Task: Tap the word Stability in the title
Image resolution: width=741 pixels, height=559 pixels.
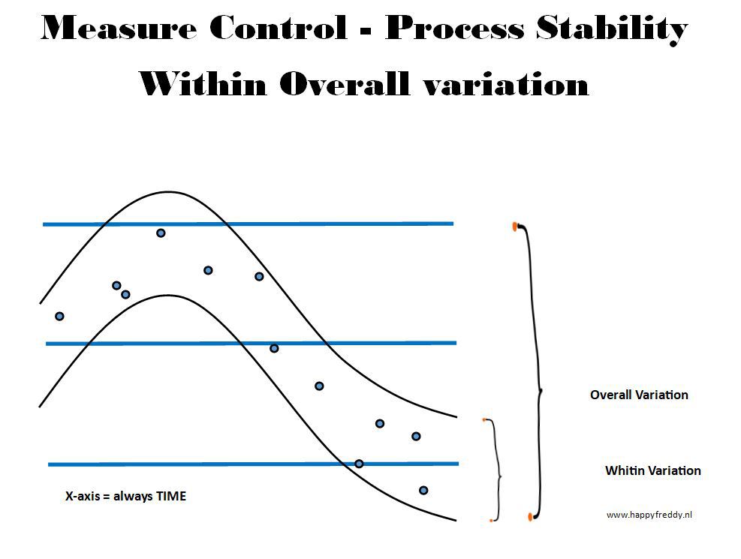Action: [612, 29]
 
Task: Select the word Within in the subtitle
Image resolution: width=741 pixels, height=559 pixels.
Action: [203, 83]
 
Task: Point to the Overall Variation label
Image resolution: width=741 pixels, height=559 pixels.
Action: [639, 395]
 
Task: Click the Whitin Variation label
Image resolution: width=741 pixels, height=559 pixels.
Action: [653, 470]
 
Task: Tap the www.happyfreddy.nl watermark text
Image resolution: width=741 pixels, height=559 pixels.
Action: [649, 515]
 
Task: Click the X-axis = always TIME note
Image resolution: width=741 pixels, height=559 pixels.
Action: [125, 496]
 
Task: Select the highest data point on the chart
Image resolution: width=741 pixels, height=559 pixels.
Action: [161, 233]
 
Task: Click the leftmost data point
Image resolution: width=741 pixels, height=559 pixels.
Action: [59, 317]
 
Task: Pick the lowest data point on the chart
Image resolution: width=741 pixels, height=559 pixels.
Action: [423, 491]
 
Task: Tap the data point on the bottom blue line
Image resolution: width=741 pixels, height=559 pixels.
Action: [359, 464]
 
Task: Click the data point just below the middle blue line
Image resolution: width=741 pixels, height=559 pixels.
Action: [274, 348]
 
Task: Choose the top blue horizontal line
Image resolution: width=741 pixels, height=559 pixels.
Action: [248, 224]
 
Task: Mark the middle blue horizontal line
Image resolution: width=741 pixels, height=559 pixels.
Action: [251, 343]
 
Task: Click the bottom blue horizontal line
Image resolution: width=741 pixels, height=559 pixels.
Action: [253, 464]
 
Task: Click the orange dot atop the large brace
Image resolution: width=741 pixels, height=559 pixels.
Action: [515, 227]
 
